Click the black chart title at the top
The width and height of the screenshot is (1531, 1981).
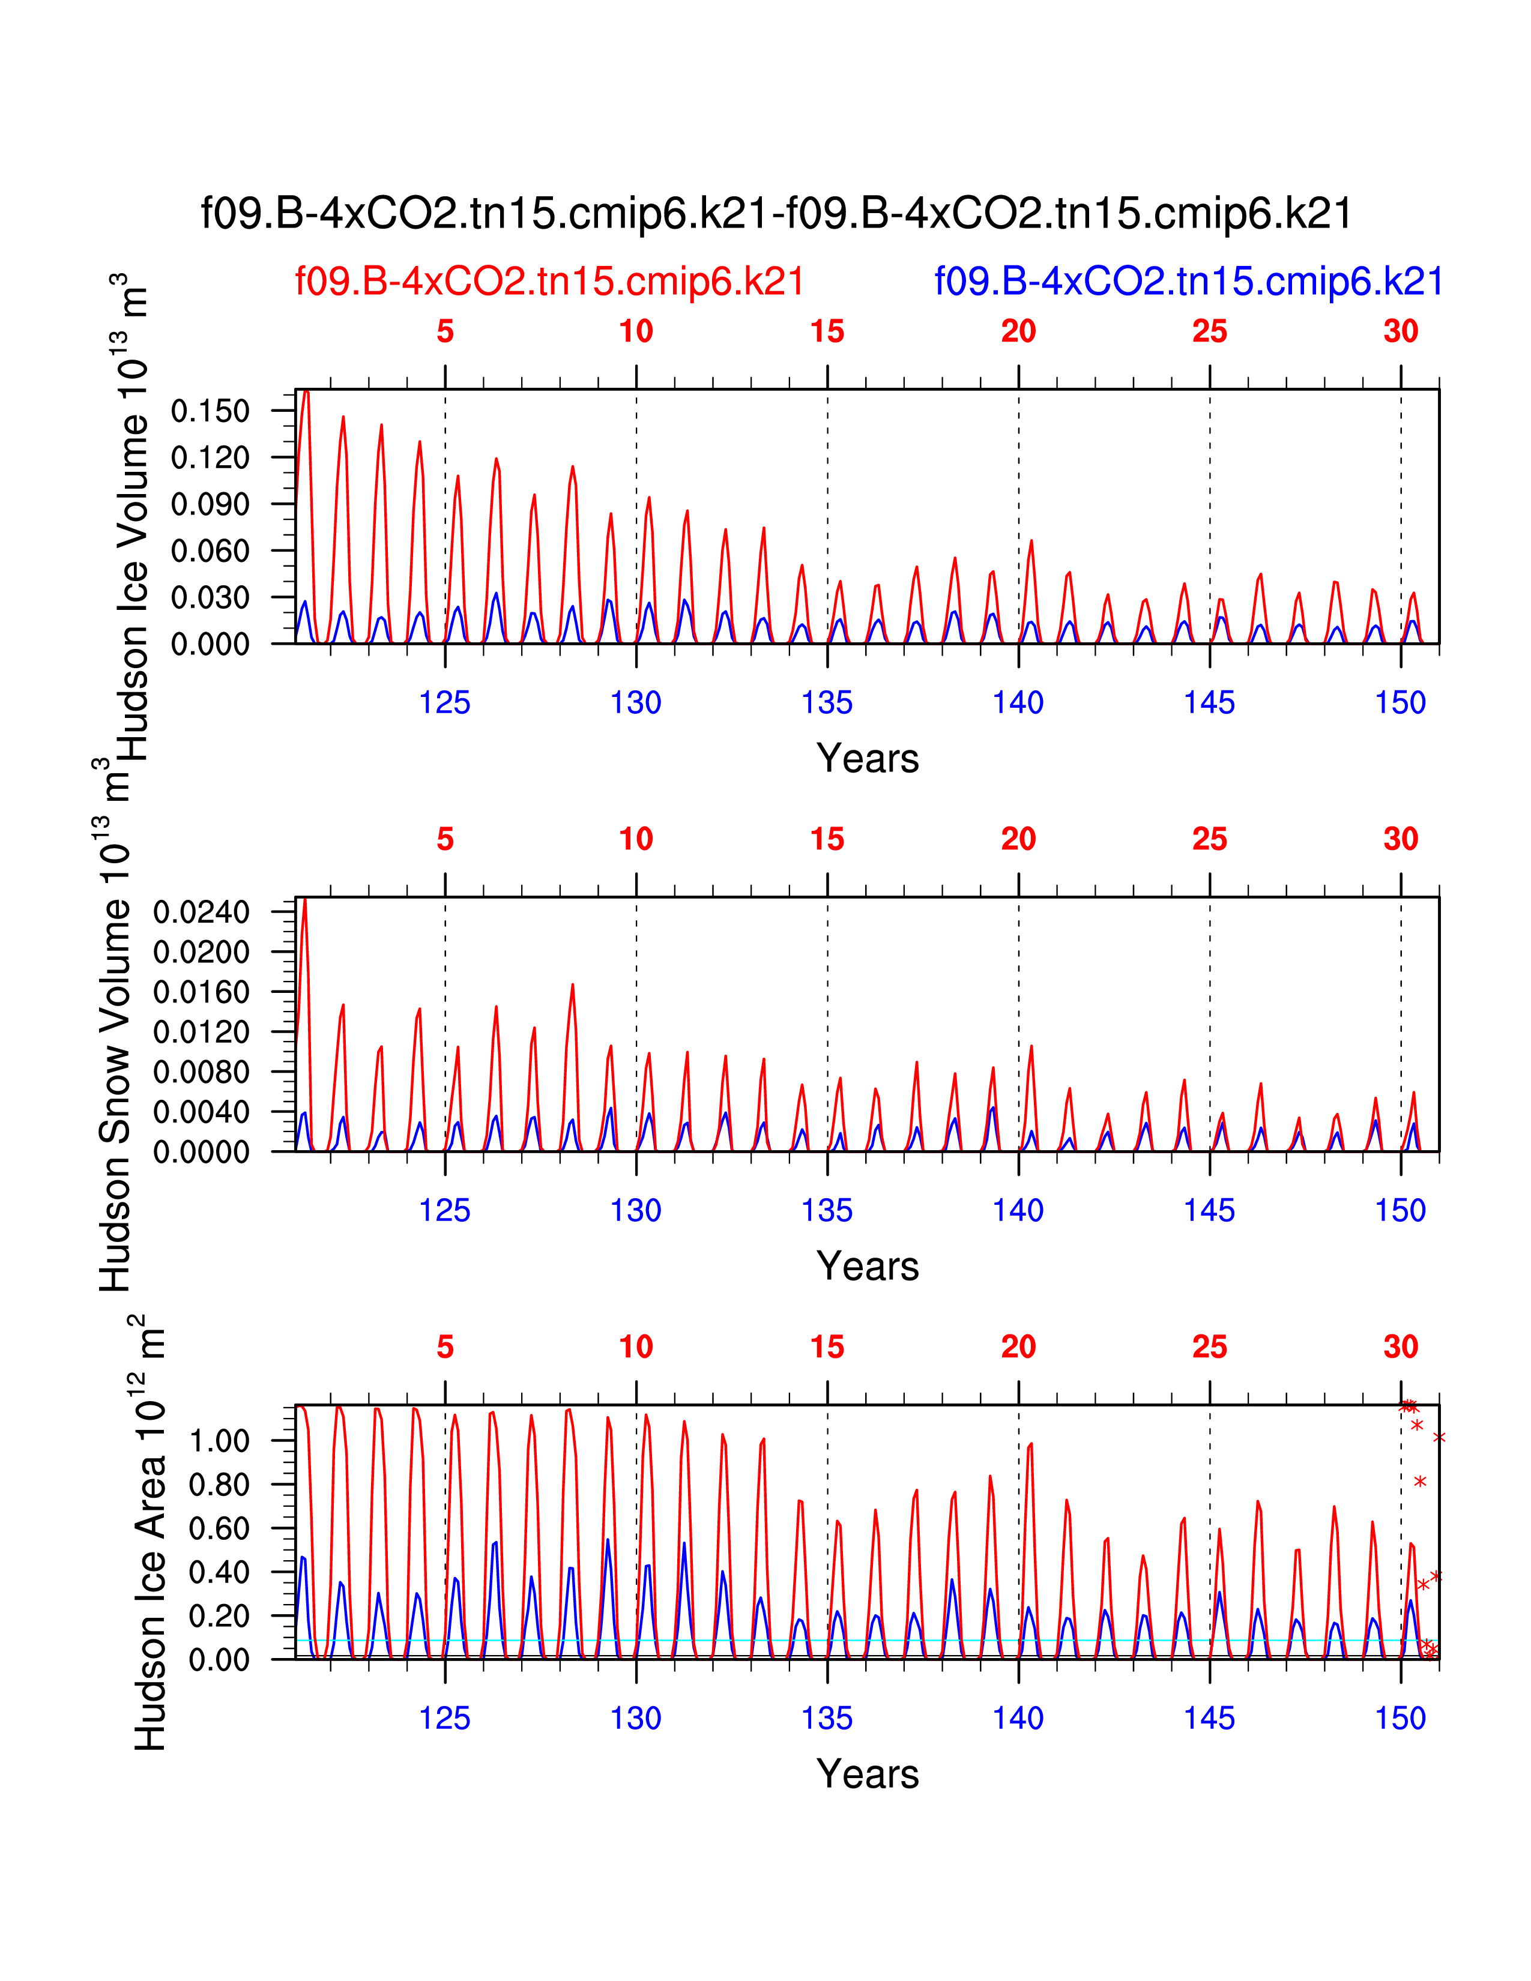[776, 214]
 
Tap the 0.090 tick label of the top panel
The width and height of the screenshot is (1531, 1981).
[210, 504]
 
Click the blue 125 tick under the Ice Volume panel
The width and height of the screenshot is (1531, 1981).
[444, 702]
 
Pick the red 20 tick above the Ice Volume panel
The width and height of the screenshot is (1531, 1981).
[1018, 331]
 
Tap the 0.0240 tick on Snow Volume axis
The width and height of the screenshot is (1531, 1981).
[201, 912]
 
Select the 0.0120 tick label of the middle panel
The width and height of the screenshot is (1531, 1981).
[201, 1033]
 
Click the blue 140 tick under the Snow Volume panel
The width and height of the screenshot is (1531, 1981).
[1018, 1210]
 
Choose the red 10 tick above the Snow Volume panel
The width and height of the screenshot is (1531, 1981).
[636, 839]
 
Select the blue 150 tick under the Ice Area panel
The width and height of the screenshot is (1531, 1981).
[1400, 1718]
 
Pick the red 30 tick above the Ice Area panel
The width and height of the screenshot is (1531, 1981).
[1400, 1347]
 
